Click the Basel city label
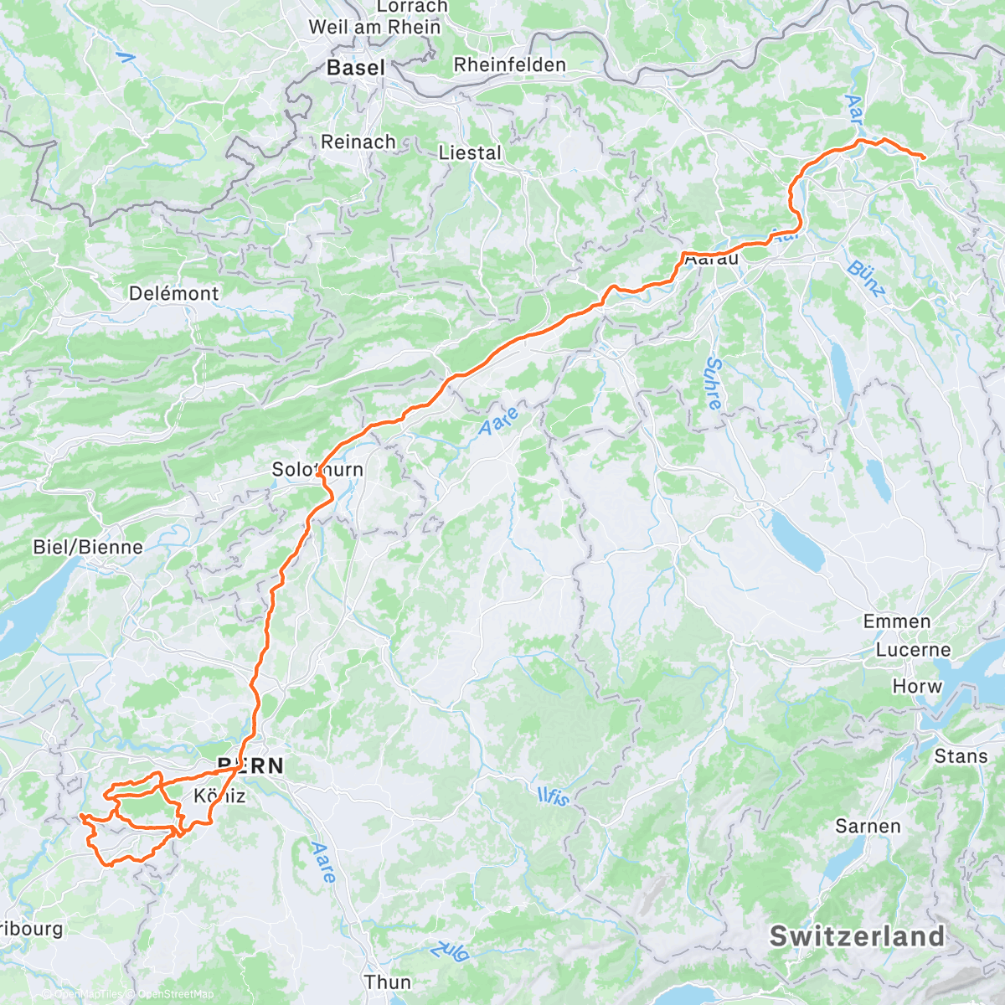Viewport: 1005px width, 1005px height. [356, 68]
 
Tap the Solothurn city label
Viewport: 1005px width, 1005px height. [317, 470]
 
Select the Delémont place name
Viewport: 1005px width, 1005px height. [173, 294]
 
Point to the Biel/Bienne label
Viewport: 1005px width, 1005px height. [88, 548]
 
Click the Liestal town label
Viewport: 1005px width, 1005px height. [470, 153]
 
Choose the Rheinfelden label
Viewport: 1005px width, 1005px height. [509, 65]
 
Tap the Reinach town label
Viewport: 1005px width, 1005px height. [358, 142]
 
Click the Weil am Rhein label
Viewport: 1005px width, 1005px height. [374, 27]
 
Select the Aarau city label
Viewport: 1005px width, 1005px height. [712, 259]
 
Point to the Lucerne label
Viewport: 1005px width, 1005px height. [913, 650]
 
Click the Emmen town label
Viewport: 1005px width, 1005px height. [897, 621]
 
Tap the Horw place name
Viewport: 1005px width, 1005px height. [917, 686]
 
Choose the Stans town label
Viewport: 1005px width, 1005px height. [961, 756]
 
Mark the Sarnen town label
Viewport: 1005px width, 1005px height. [868, 827]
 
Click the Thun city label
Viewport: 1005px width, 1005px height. [388, 982]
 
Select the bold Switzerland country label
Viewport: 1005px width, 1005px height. [857, 936]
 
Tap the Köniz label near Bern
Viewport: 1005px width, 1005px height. [219, 796]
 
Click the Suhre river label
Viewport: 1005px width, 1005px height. [714, 384]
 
